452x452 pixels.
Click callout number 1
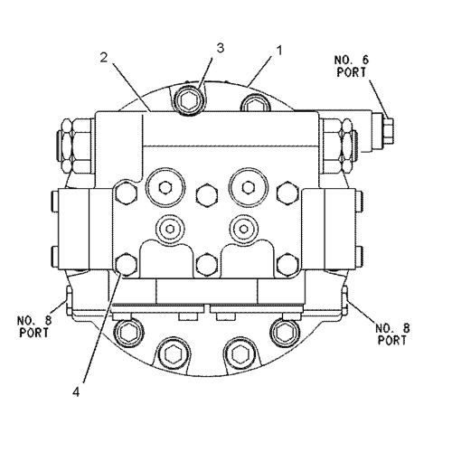[x=280, y=51]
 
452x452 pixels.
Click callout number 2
[x=104, y=58]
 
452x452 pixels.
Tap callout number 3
[x=221, y=48]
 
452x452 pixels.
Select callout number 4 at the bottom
[x=76, y=392]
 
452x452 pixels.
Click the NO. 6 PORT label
[x=352, y=66]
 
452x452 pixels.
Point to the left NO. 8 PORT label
[x=34, y=326]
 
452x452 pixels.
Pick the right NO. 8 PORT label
[x=392, y=334]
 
